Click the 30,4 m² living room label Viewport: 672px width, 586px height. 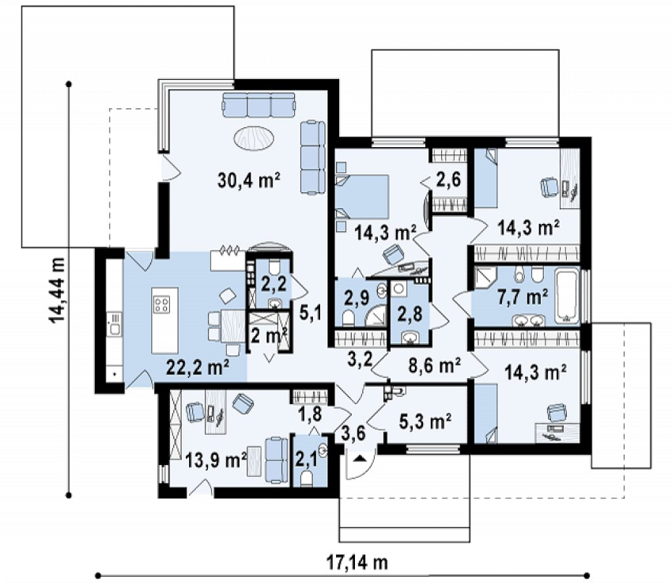[249, 180]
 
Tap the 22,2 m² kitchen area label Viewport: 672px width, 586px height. [198, 368]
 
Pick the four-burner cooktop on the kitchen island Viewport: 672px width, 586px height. [161, 304]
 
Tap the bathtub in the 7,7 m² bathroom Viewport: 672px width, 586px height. [568, 295]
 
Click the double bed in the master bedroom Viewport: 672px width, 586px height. [362, 197]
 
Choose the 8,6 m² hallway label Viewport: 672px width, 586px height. [434, 365]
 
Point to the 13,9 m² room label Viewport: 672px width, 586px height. [216, 461]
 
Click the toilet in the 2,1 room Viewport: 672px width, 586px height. [306, 478]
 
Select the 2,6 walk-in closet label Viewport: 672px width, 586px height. [448, 180]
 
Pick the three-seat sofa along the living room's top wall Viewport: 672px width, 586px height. [259, 105]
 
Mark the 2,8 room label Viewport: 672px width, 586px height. [410, 313]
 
